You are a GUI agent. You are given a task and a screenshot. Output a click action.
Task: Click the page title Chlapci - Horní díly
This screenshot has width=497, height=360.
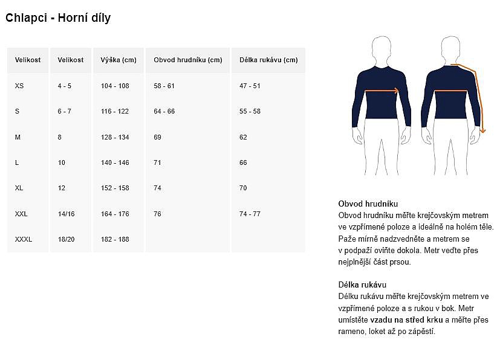click(x=58, y=18)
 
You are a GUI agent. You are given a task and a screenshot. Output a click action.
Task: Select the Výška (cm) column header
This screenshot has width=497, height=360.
click(x=119, y=60)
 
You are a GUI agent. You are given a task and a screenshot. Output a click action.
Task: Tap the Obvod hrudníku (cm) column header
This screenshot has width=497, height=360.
click(x=187, y=60)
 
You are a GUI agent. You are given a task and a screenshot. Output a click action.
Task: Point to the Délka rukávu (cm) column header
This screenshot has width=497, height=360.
click(x=268, y=60)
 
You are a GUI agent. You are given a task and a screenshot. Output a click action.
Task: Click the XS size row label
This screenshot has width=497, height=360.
click(x=19, y=86)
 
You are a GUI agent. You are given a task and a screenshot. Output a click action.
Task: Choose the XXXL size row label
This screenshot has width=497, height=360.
click(x=24, y=240)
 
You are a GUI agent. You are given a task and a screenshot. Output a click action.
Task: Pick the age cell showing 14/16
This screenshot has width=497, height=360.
click(x=66, y=214)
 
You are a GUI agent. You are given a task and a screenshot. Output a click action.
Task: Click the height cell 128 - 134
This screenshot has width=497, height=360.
click(x=115, y=138)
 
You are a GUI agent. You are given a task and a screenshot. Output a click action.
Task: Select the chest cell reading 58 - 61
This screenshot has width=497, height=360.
click(x=164, y=86)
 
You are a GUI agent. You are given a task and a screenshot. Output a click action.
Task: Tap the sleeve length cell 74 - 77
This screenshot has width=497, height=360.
click(x=250, y=214)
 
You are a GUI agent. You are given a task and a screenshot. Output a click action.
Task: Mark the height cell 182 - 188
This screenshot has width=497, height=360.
click(x=115, y=240)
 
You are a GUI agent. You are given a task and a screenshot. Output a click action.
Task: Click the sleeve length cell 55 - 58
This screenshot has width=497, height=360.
click(x=250, y=112)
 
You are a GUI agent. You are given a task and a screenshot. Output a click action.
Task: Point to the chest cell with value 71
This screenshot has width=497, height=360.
click(x=157, y=163)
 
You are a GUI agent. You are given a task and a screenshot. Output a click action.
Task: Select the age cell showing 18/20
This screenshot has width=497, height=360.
click(x=66, y=240)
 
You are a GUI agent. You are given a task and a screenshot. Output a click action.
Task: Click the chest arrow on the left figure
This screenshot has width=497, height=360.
click(x=382, y=91)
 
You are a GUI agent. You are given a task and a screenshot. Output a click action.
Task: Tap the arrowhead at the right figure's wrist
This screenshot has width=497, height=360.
click(x=482, y=130)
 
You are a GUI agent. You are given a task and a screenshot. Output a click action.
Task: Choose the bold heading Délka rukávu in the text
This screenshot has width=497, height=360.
click(x=362, y=284)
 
